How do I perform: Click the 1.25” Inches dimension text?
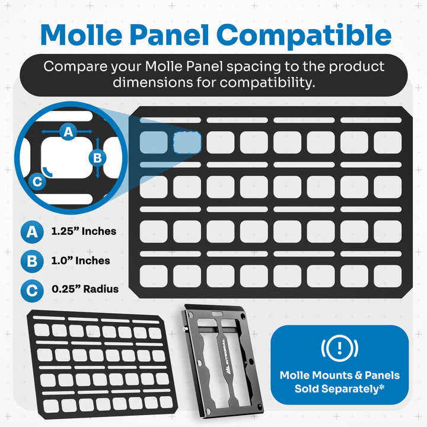click(84, 231)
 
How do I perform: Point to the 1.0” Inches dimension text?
click(80, 260)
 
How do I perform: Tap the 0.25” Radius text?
click(85, 289)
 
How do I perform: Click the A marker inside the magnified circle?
click(68, 132)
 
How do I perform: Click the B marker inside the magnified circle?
click(98, 158)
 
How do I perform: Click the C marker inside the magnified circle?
click(37, 181)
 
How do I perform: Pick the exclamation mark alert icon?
click(339, 348)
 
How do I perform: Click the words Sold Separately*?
click(339, 389)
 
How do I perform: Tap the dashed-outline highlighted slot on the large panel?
click(187, 142)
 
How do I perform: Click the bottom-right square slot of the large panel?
click(387, 275)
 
